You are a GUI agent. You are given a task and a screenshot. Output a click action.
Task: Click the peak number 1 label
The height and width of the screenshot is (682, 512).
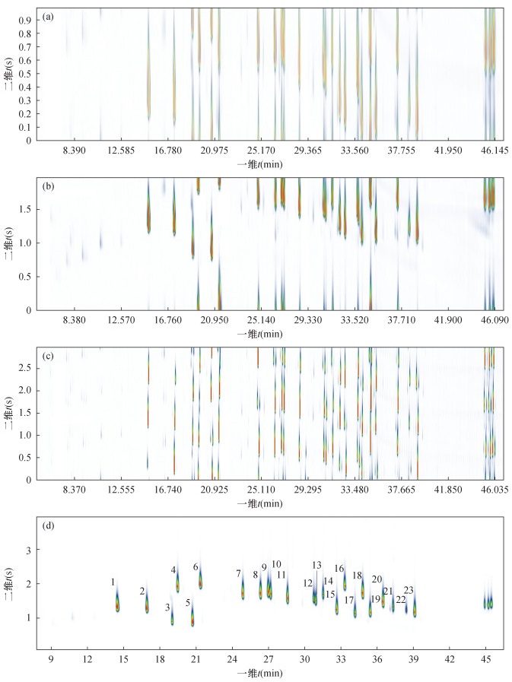coord(113,582)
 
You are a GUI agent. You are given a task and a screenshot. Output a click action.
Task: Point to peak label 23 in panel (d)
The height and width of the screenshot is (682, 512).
coord(409,591)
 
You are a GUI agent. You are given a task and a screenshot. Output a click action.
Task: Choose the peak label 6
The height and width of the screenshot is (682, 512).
coord(196,567)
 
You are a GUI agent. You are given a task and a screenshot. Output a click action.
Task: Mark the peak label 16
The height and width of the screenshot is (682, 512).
coord(339,569)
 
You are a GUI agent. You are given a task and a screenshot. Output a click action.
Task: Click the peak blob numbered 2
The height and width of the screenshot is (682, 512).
coord(147,605)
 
